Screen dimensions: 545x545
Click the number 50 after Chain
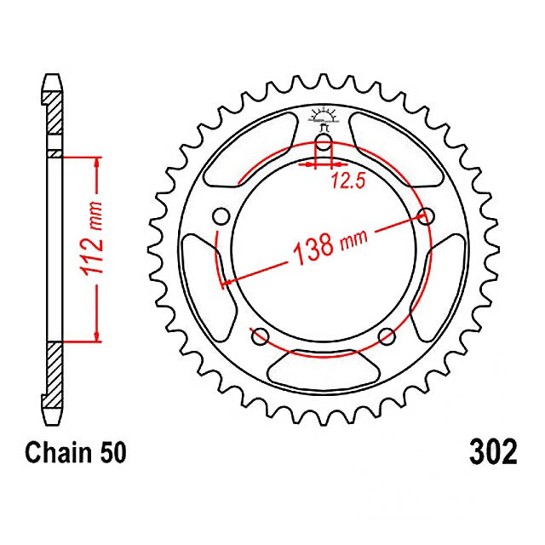click(112, 452)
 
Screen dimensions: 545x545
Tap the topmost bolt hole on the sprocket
click(324, 141)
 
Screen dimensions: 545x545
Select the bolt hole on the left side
click(222, 215)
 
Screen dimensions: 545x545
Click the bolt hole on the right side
click(425, 215)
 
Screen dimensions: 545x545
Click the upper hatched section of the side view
click(53, 111)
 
